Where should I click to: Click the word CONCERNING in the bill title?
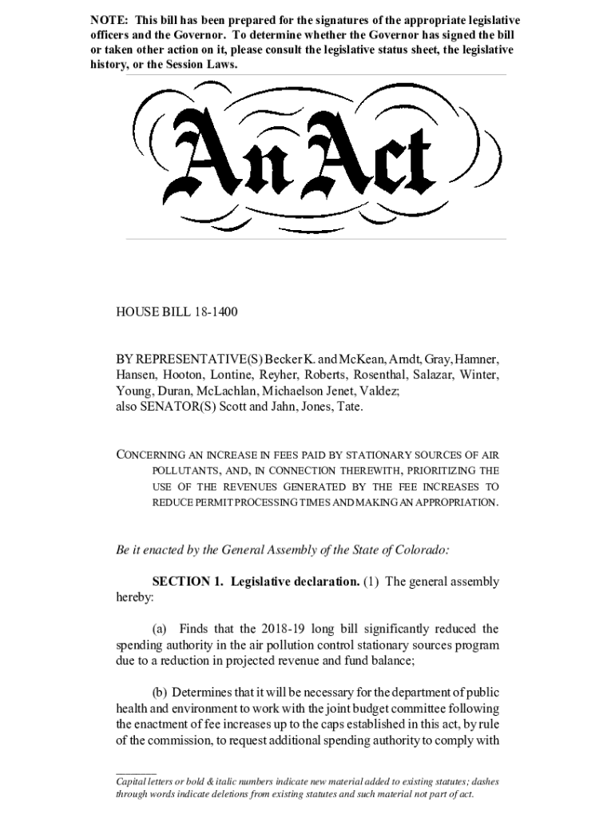click(x=160, y=455)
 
